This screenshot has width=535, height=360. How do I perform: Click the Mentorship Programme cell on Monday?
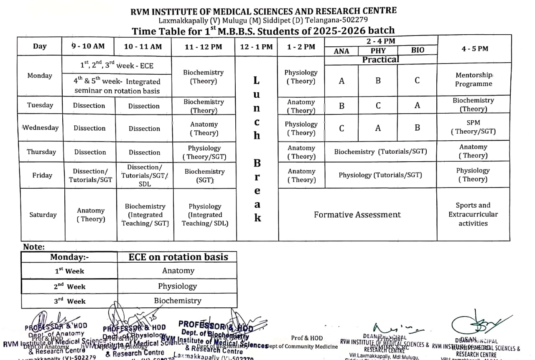coord(474,79)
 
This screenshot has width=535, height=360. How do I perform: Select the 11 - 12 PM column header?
coord(203,47)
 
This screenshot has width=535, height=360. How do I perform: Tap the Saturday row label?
coord(43,215)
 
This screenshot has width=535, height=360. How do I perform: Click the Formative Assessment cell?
coord(357,215)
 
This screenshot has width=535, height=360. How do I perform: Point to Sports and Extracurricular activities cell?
coord(473,214)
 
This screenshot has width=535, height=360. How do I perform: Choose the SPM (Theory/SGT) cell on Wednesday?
coord(473,127)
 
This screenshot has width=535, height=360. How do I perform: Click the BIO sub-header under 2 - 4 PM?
coord(417,51)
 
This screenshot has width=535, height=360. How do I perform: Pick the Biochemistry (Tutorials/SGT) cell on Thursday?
coord(380,152)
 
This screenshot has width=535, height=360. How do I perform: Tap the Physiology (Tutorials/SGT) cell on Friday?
coord(380,175)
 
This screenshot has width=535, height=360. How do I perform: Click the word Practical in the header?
coord(380,60)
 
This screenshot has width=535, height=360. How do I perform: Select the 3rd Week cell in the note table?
coord(70,301)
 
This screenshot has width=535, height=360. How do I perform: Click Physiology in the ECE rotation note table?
coord(177,286)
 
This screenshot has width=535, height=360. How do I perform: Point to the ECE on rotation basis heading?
coord(178,257)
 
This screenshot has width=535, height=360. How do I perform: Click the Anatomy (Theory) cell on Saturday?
coord(90,215)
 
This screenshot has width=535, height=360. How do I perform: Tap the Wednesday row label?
coord(40,128)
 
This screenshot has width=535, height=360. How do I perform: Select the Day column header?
coord(40,46)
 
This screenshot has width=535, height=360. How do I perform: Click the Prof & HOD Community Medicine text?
coord(307,342)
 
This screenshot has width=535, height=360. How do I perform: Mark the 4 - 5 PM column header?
coord(474,49)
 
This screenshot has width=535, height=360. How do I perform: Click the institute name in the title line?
coord(264,11)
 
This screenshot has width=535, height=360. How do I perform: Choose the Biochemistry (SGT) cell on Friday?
coord(204,176)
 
